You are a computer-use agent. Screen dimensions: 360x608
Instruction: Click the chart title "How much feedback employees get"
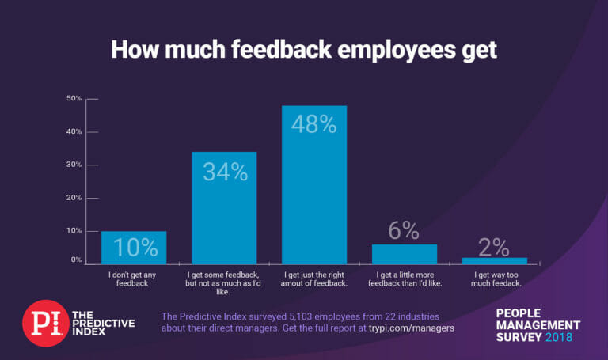tap(303, 49)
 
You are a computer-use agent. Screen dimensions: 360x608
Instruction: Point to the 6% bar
tap(404, 254)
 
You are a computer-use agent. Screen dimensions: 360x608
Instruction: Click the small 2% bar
tap(494, 260)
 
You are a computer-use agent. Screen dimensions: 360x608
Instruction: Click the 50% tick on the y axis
tap(74, 99)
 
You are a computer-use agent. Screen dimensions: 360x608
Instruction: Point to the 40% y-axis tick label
tap(74, 132)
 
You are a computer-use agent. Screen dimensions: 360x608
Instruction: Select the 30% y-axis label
tap(74, 165)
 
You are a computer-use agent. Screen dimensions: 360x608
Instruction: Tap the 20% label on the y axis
tap(74, 198)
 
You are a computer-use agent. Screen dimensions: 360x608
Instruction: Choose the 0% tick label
tap(76, 260)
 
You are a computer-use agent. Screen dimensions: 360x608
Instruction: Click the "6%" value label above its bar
tap(404, 230)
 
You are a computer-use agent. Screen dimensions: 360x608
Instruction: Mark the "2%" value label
tap(494, 247)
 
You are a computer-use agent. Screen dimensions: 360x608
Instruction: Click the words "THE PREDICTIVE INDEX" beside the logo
tap(103, 324)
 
